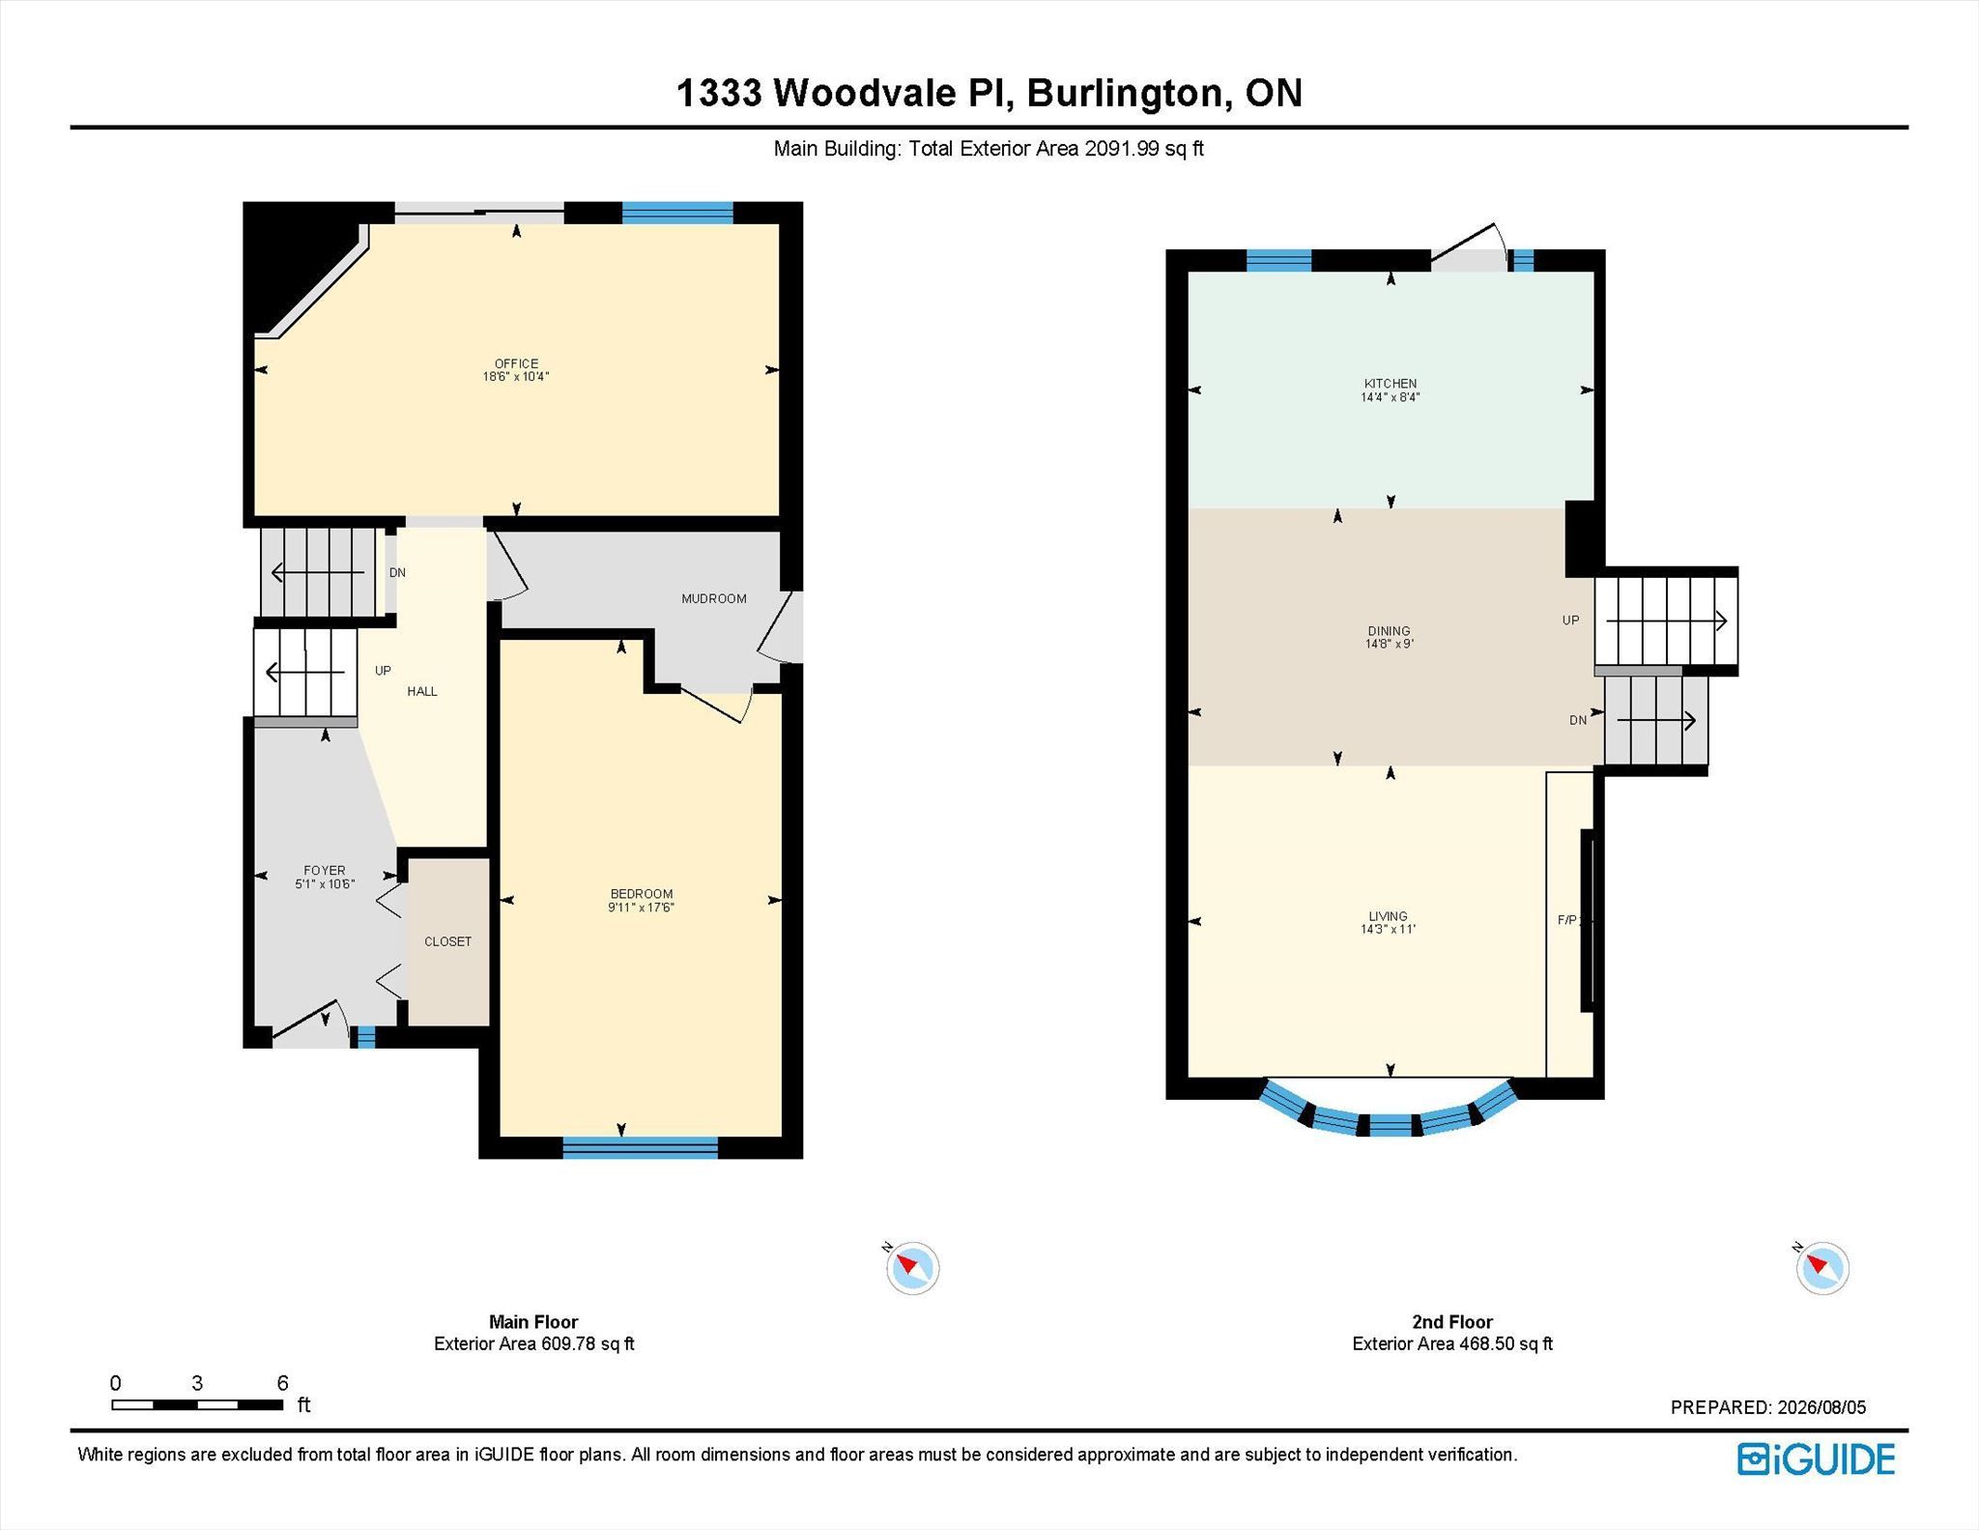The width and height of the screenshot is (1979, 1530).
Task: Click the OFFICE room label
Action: (516, 363)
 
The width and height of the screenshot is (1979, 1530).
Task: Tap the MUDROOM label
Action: (714, 598)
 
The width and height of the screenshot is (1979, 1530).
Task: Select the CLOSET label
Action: (448, 941)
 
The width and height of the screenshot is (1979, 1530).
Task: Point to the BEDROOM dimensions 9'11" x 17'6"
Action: (641, 908)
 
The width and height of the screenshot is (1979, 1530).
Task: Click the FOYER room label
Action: (325, 870)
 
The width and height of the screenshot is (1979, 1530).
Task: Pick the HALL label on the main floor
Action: (422, 691)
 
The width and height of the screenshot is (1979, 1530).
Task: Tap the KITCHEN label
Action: (1391, 384)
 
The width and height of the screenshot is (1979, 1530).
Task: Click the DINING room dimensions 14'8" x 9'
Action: (1390, 644)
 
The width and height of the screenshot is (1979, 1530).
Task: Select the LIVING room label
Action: (1389, 916)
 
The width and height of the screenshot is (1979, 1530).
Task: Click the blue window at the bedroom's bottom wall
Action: (641, 1147)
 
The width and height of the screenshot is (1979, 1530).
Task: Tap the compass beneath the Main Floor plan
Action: (912, 1267)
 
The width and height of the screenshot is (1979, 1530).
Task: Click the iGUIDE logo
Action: (1816, 1458)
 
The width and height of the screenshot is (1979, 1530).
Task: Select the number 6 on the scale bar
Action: (282, 1382)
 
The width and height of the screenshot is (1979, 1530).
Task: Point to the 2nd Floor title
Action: (1452, 1321)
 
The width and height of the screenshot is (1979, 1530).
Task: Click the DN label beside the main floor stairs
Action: (397, 572)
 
